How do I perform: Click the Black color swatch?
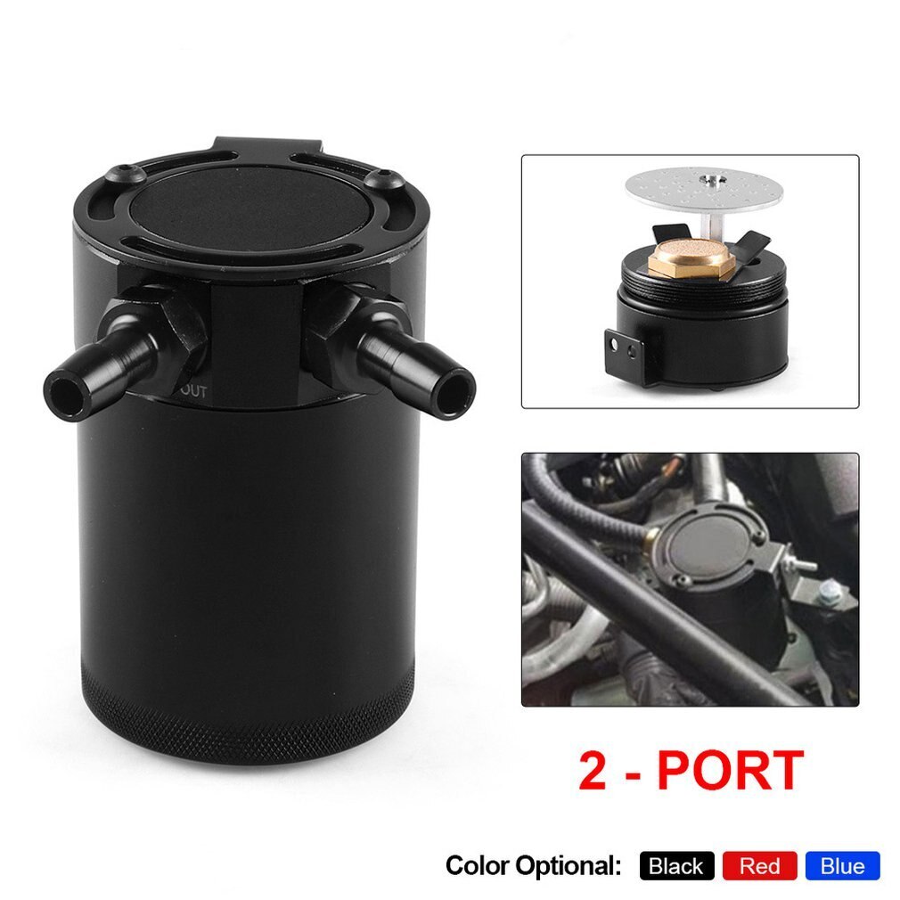676,865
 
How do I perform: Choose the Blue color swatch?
842,865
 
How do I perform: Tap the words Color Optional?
532,865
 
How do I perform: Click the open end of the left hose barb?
65,389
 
